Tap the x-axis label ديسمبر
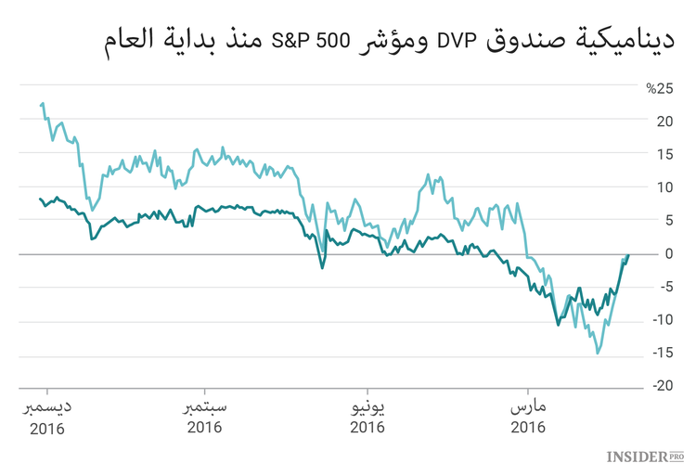point(46,408)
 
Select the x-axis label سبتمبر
point(205,408)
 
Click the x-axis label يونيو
point(367,408)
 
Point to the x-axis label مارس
point(528,408)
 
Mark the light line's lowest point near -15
point(598,354)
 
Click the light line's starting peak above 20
point(43,104)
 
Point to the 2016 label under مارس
point(528,428)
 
